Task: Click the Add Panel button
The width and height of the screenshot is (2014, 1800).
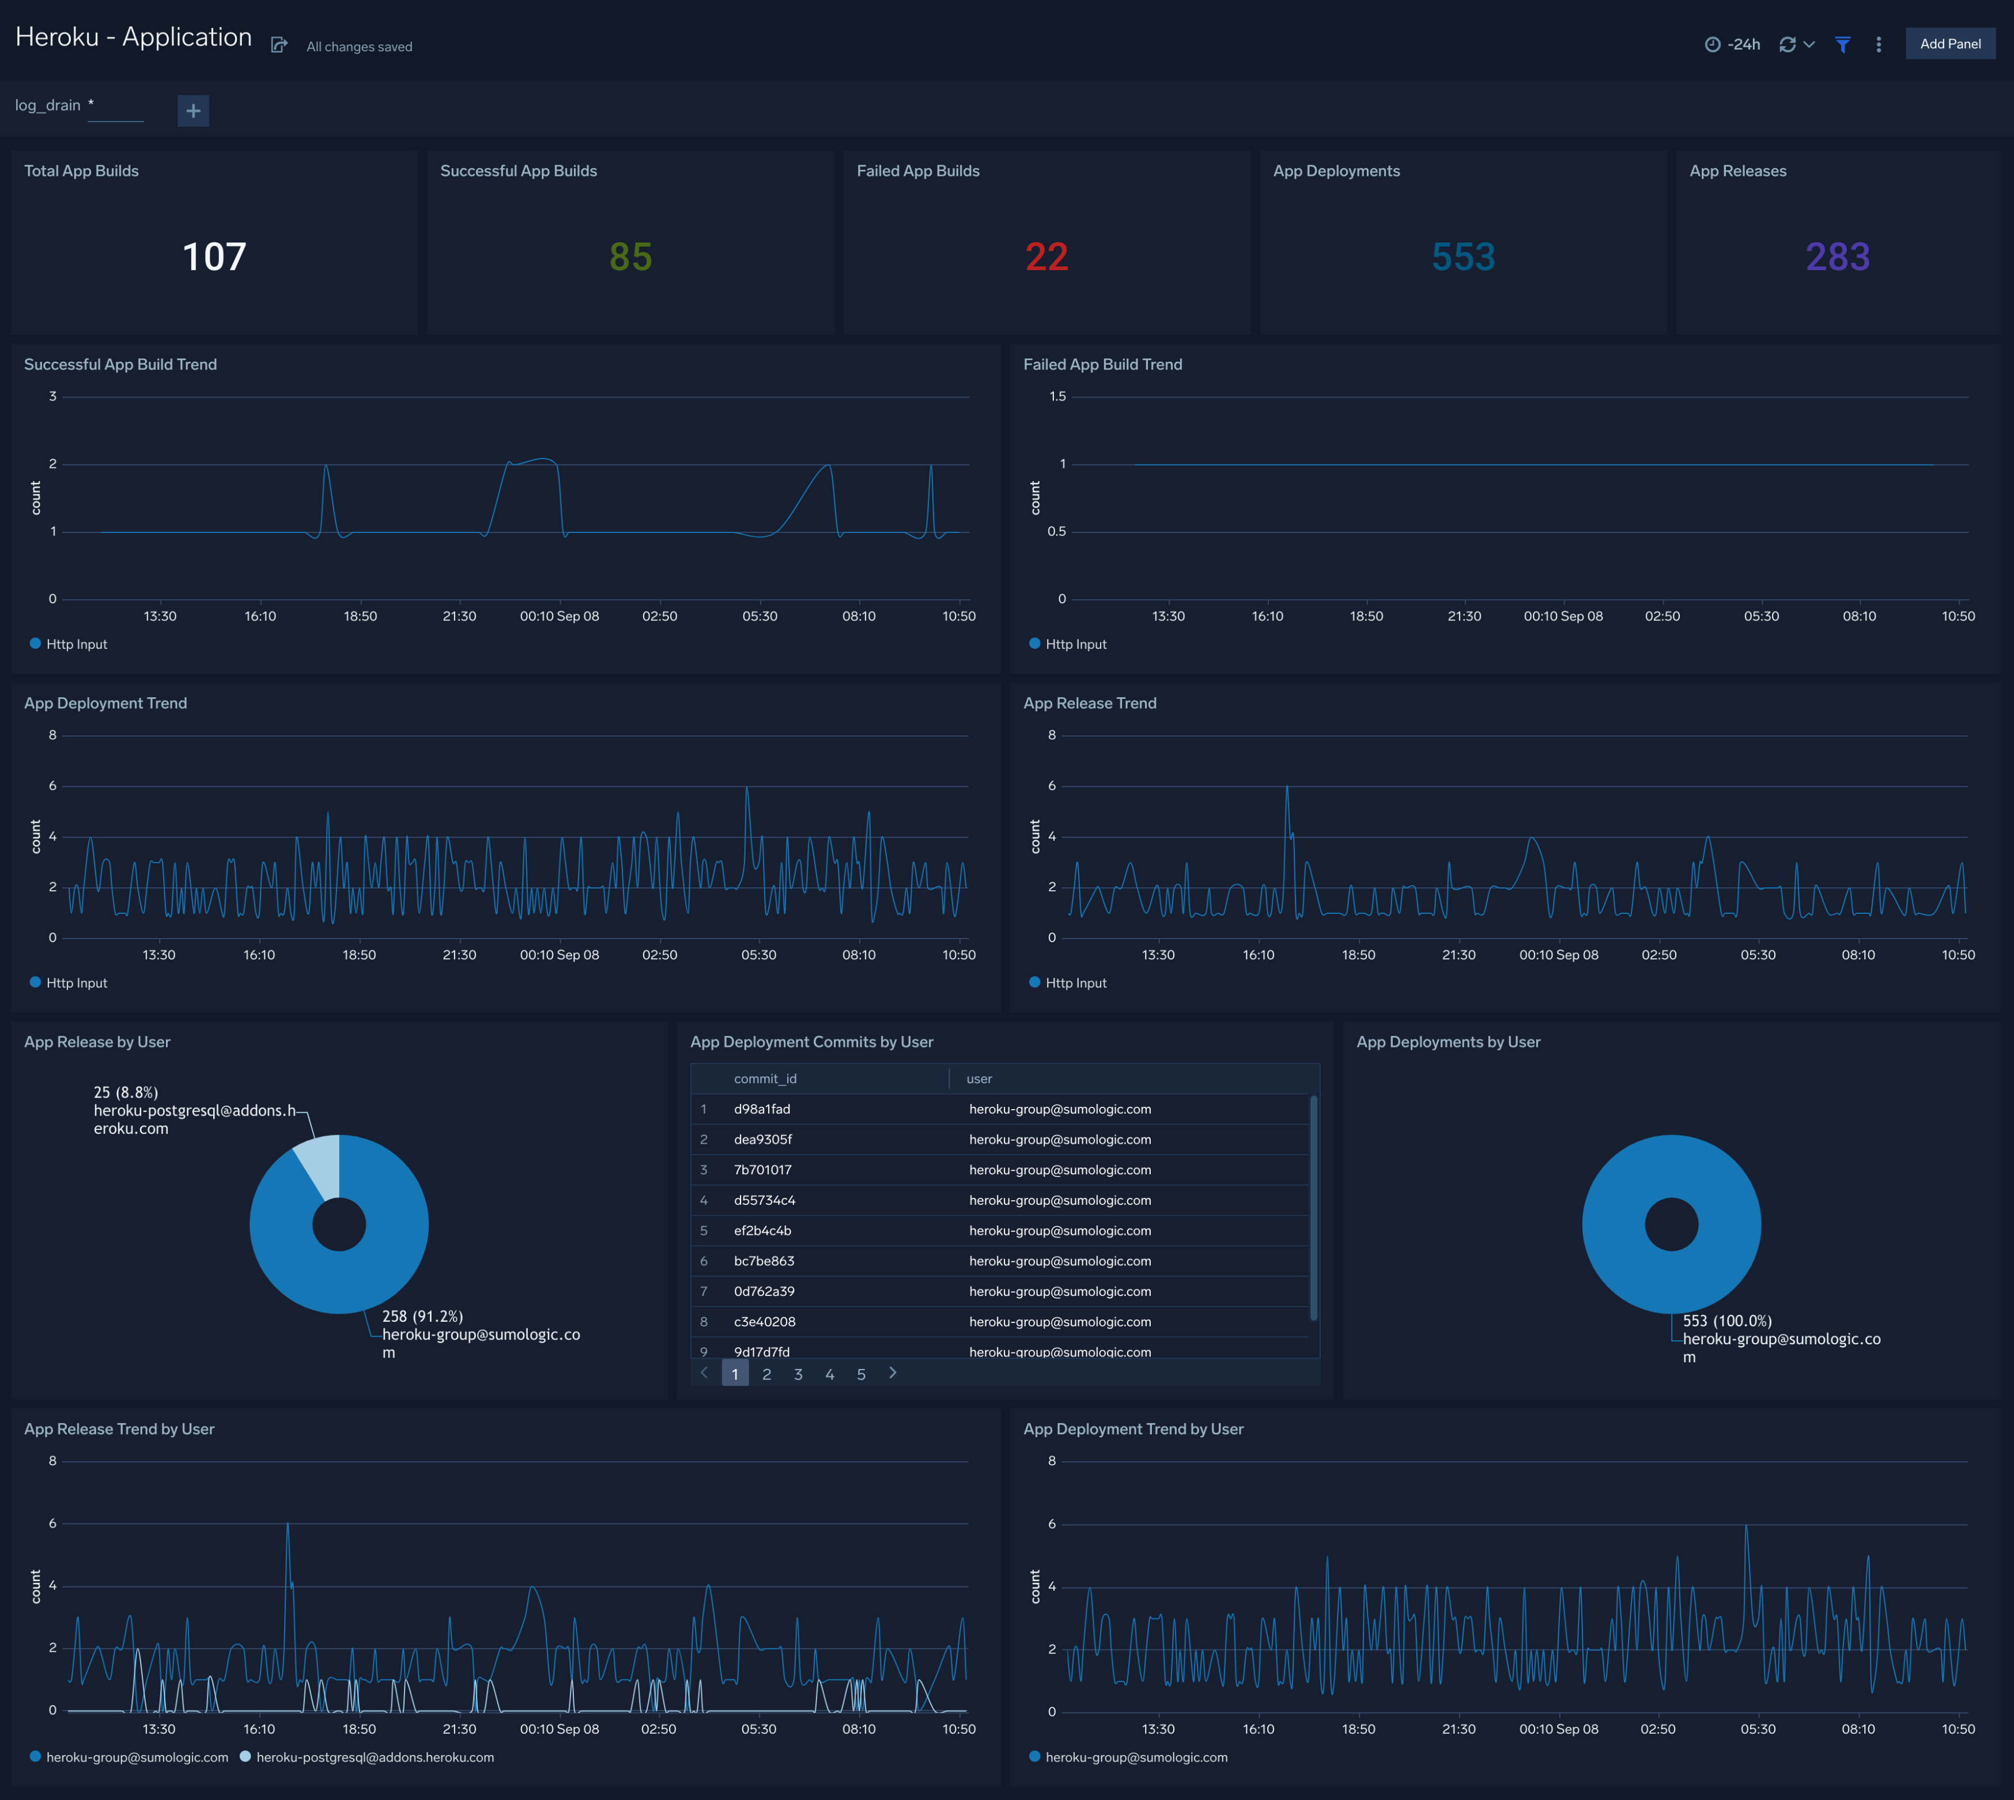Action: tap(1949, 44)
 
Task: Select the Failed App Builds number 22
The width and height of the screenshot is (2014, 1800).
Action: tap(1046, 257)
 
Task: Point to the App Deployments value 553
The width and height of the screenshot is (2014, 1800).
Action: tap(1463, 257)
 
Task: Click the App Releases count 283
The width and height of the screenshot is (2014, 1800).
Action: tap(1837, 257)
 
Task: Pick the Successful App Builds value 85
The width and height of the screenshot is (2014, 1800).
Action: tap(630, 257)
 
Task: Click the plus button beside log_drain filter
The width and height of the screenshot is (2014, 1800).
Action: tap(193, 111)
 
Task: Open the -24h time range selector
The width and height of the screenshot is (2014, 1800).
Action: tap(1733, 44)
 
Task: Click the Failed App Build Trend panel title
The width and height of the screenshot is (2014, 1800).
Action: tap(1102, 365)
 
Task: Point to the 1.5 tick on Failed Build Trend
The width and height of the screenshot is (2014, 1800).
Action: tap(1057, 396)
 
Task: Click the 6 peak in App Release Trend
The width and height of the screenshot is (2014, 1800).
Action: tap(1287, 788)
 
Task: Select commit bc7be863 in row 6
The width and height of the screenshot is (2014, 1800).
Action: tap(764, 1261)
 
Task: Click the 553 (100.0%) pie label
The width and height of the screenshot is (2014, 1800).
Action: tap(1727, 1321)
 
